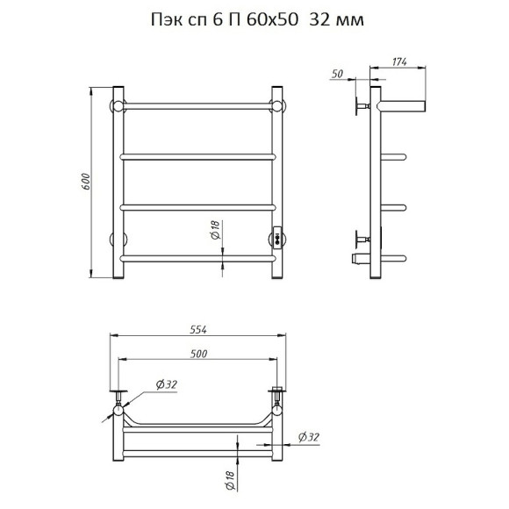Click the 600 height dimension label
[86, 183]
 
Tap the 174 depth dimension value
[399, 61]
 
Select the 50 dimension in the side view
[337, 74]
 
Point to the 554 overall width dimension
[198, 329]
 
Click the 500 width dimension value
[198, 354]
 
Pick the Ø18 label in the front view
[215, 230]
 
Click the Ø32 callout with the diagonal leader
[167, 384]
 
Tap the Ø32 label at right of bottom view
[309, 437]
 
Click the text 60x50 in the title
[272, 20]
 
